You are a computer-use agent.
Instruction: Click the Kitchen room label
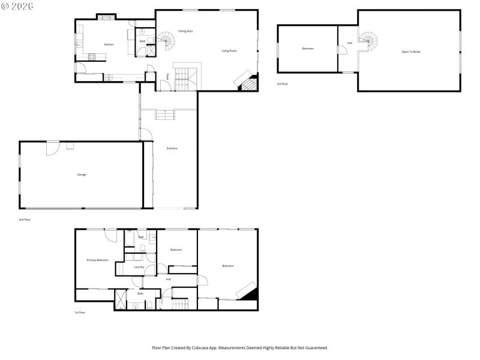[109, 44]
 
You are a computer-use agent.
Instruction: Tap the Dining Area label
[185, 31]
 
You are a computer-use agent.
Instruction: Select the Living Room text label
[229, 51]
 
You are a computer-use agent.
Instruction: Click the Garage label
[82, 175]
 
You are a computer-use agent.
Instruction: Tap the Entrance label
[172, 148]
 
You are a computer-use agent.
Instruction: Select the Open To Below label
[411, 52]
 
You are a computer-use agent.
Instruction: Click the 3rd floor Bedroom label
[308, 49]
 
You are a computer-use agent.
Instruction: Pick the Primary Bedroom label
[97, 260]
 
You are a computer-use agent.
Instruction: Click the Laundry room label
[139, 267]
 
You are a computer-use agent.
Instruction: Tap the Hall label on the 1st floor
[169, 279]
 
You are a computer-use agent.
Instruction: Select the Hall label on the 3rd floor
[350, 43]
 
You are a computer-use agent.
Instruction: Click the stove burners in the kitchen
[92, 57]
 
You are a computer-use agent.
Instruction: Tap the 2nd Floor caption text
[25, 220]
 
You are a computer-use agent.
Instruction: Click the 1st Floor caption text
[80, 313]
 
